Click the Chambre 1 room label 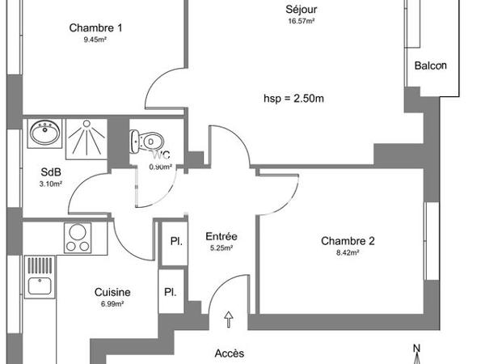click(95, 28)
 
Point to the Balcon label click(429, 66)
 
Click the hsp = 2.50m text click(293, 99)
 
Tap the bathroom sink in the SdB click(44, 132)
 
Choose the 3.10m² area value click(50, 184)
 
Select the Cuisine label click(112, 293)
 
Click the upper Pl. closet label click(175, 241)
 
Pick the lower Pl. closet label click(171, 293)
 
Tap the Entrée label click(221, 236)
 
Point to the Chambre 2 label click(348, 240)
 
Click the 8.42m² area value click(348, 252)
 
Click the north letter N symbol click(416, 349)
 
